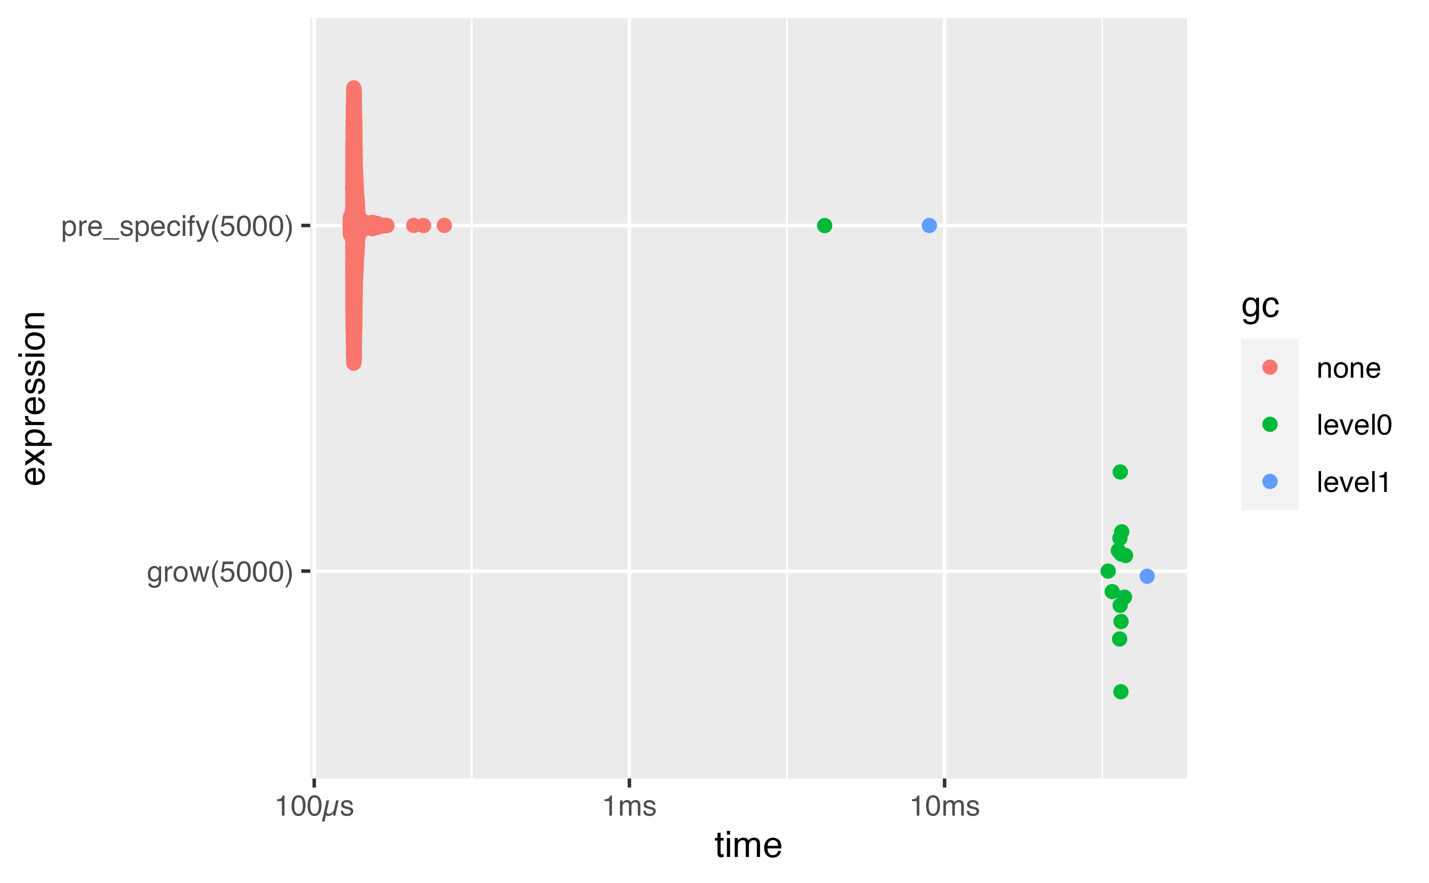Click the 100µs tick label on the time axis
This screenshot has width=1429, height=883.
pyautogui.click(x=314, y=807)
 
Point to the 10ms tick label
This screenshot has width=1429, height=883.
pyautogui.click(x=944, y=807)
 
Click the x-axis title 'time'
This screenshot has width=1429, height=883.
pyautogui.click(x=748, y=846)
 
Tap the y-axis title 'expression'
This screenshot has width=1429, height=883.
pyautogui.click(x=34, y=398)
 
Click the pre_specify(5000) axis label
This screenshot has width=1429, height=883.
pyautogui.click(x=177, y=227)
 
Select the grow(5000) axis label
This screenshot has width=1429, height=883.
pyautogui.click(x=220, y=572)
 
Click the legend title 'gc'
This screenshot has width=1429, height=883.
pyautogui.click(x=1260, y=306)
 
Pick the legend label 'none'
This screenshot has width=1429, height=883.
pyautogui.click(x=1348, y=368)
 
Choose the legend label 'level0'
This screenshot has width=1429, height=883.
pyautogui.click(x=1354, y=425)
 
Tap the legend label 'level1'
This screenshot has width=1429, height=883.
pyautogui.click(x=1352, y=482)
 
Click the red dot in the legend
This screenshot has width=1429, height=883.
pyautogui.click(x=1270, y=367)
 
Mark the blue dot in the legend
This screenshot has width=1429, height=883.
pyautogui.click(x=1270, y=482)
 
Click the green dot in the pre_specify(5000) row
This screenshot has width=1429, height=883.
pyautogui.click(x=824, y=225)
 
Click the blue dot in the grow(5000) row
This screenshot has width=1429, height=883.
pyautogui.click(x=1147, y=576)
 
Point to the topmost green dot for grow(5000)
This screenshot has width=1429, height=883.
pyautogui.click(x=1119, y=472)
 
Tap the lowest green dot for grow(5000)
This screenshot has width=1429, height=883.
pyautogui.click(x=1120, y=692)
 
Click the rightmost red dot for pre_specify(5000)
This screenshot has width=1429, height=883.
pyautogui.click(x=444, y=225)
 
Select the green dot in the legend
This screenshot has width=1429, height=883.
pyautogui.click(x=1270, y=425)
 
